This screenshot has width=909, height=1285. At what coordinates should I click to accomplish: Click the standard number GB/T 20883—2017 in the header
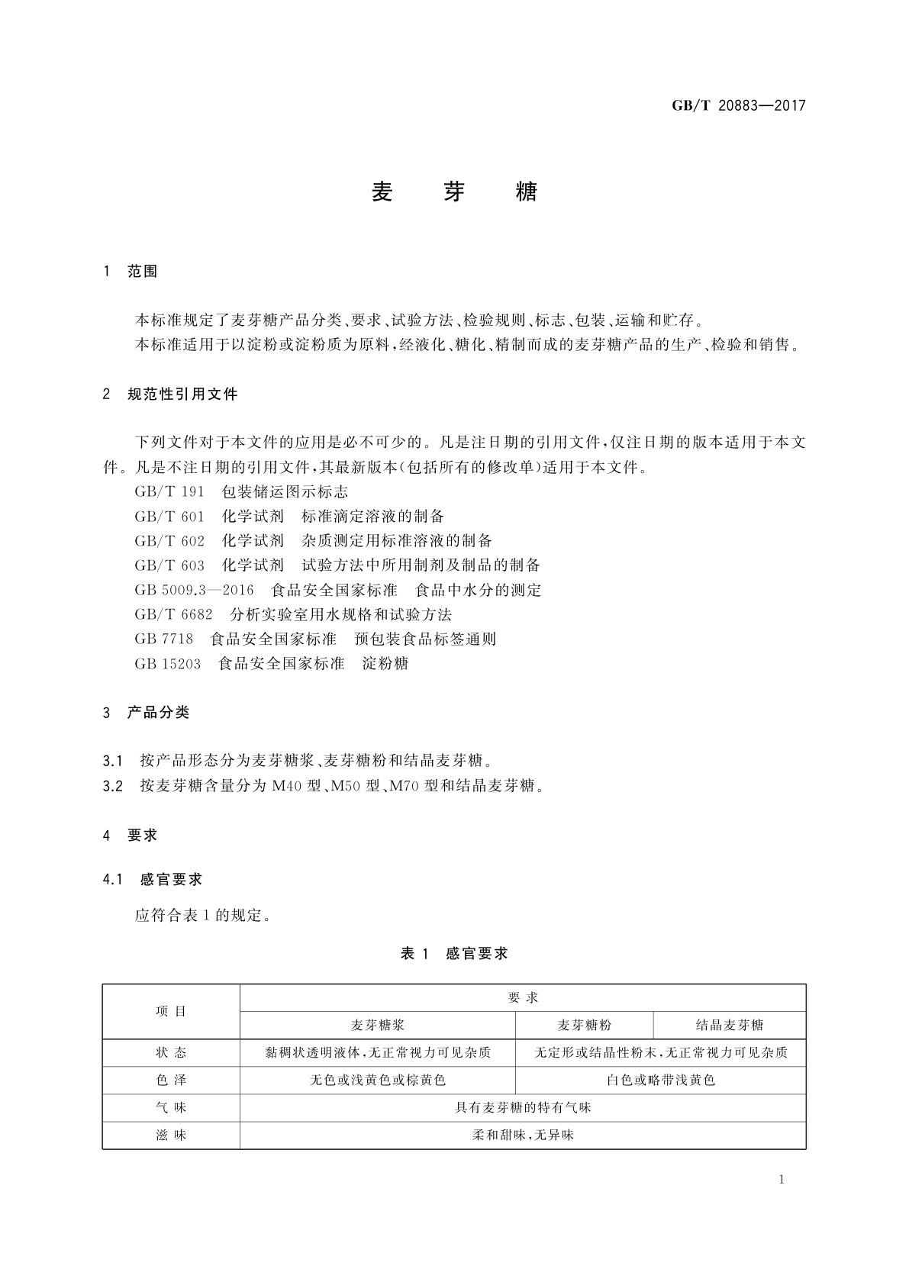(x=738, y=105)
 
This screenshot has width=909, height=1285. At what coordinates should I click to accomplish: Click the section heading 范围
(x=142, y=272)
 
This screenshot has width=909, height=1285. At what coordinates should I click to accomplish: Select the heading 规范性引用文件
(x=182, y=395)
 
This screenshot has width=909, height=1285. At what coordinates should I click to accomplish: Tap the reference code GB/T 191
(x=169, y=492)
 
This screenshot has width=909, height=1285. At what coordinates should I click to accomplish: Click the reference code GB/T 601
(x=169, y=517)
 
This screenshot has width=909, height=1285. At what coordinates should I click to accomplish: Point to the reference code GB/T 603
(x=169, y=565)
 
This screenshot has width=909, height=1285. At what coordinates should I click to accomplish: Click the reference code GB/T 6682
(x=173, y=614)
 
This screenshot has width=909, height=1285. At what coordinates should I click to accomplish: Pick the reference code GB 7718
(x=164, y=639)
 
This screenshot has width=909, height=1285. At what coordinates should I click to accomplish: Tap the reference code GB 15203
(x=168, y=663)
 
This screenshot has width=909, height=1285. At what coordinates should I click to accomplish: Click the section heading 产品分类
(x=158, y=713)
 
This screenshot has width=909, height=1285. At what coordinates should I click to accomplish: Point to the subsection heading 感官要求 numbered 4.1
(x=172, y=879)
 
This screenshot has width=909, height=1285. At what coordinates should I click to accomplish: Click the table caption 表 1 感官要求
(x=454, y=953)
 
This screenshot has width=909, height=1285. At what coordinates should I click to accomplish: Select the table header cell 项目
(x=171, y=1012)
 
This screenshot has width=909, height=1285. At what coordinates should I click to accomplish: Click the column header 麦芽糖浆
(x=378, y=1025)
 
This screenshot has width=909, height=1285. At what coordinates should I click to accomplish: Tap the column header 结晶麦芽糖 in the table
(x=730, y=1025)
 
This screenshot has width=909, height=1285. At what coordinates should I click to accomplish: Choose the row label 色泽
(x=171, y=1080)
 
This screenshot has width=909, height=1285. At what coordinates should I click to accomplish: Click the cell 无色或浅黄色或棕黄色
(x=378, y=1080)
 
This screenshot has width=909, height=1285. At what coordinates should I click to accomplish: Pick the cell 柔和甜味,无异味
(x=523, y=1135)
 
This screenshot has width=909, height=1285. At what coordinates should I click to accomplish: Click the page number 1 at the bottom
(x=782, y=1180)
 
